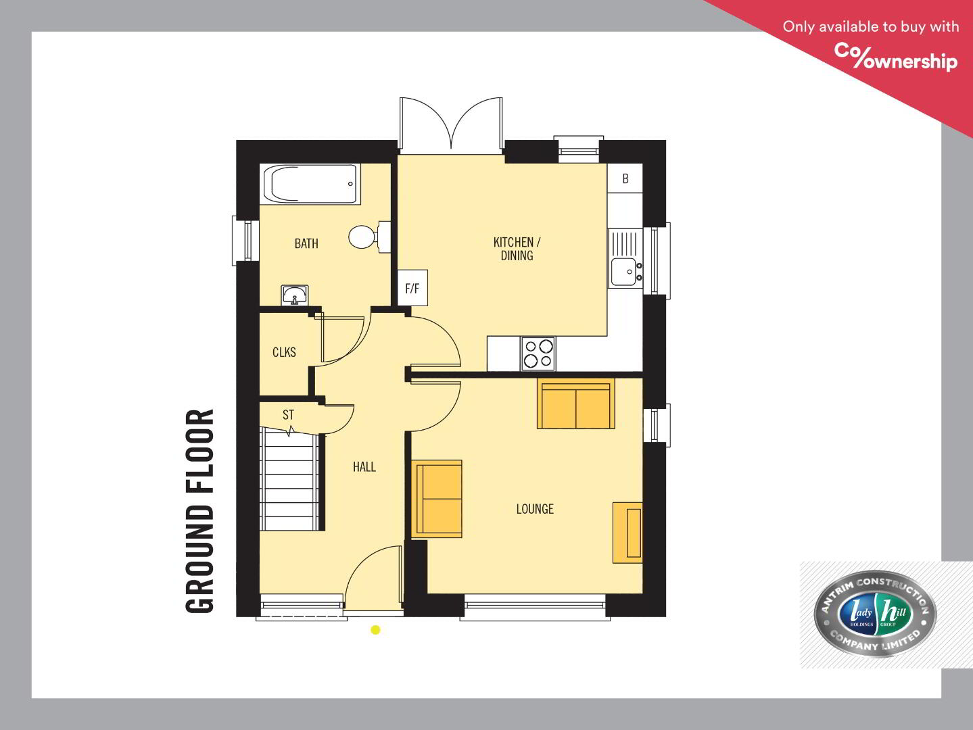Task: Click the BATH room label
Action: click(306, 243)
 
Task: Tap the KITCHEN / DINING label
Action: click(517, 249)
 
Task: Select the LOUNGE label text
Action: click(535, 509)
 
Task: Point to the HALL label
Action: click(364, 467)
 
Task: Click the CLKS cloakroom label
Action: click(284, 352)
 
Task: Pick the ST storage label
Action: click(288, 415)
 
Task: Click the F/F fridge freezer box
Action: click(412, 288)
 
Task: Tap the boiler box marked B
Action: click(625, 178)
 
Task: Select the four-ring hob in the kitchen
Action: click(538, 354)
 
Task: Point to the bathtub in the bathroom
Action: click(310, 185)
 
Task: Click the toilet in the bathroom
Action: click(369, 237)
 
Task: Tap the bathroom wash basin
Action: click(294, 295)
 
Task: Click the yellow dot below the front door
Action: click(375, 630)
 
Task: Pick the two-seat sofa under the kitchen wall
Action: click(576, 404)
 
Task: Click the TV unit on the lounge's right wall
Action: click(627, 533)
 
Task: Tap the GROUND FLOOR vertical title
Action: click(199, 511)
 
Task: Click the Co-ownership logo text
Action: click(896, 57)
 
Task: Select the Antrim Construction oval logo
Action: click(875, 614)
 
